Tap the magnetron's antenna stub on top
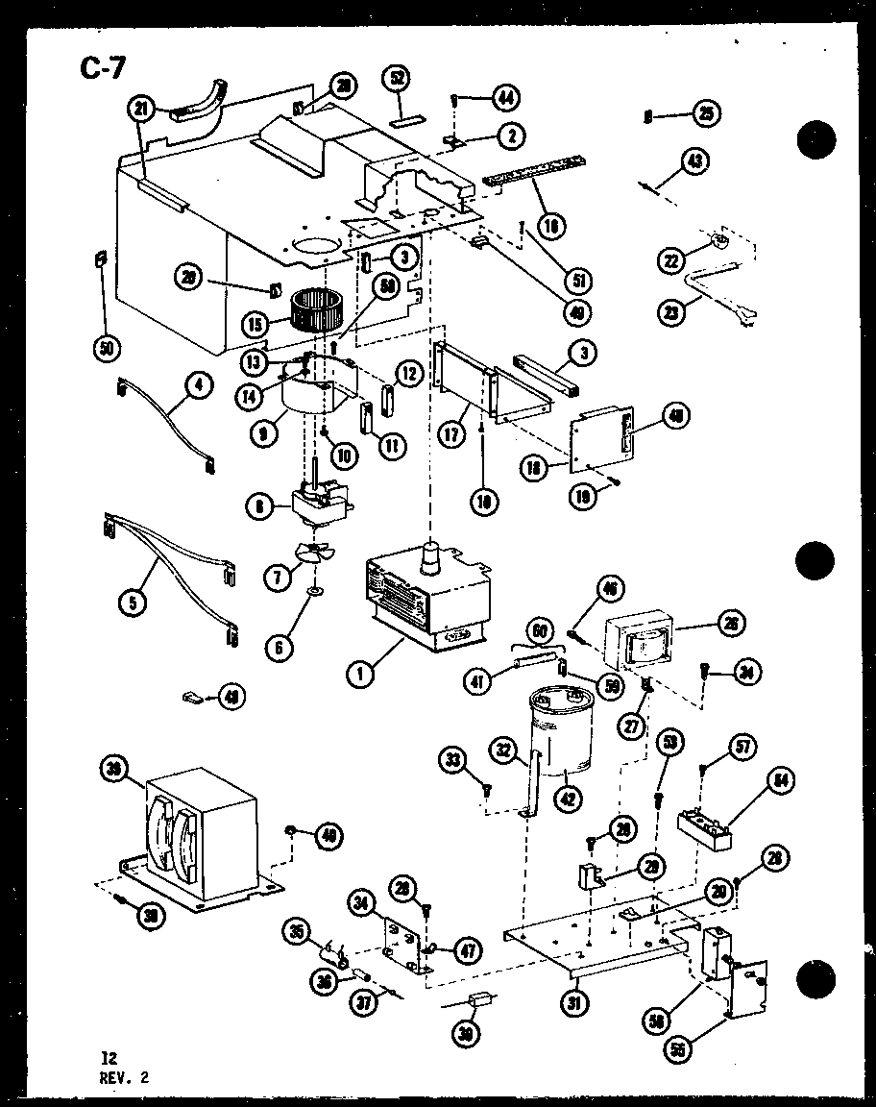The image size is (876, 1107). coord(431,554)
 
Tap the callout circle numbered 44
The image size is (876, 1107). coord(503,97)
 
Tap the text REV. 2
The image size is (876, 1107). coord(124,1077)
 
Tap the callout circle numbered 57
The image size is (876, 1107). coord(745,746)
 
